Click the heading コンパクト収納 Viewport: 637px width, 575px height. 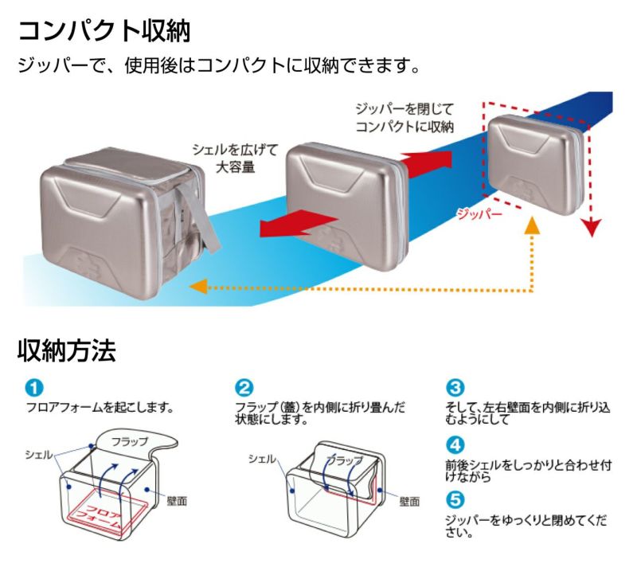click(x=104, y=31)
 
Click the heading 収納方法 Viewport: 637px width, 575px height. click(x=67, y=350)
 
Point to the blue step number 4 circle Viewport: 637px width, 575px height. click(x=455, y=444)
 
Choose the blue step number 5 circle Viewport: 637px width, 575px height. click(x=455, y=500)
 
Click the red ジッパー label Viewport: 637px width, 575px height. click(x=479, y=213)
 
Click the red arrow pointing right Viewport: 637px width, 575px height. click(x=430, y=158)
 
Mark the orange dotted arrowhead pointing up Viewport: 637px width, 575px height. click(x=531, y=226)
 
